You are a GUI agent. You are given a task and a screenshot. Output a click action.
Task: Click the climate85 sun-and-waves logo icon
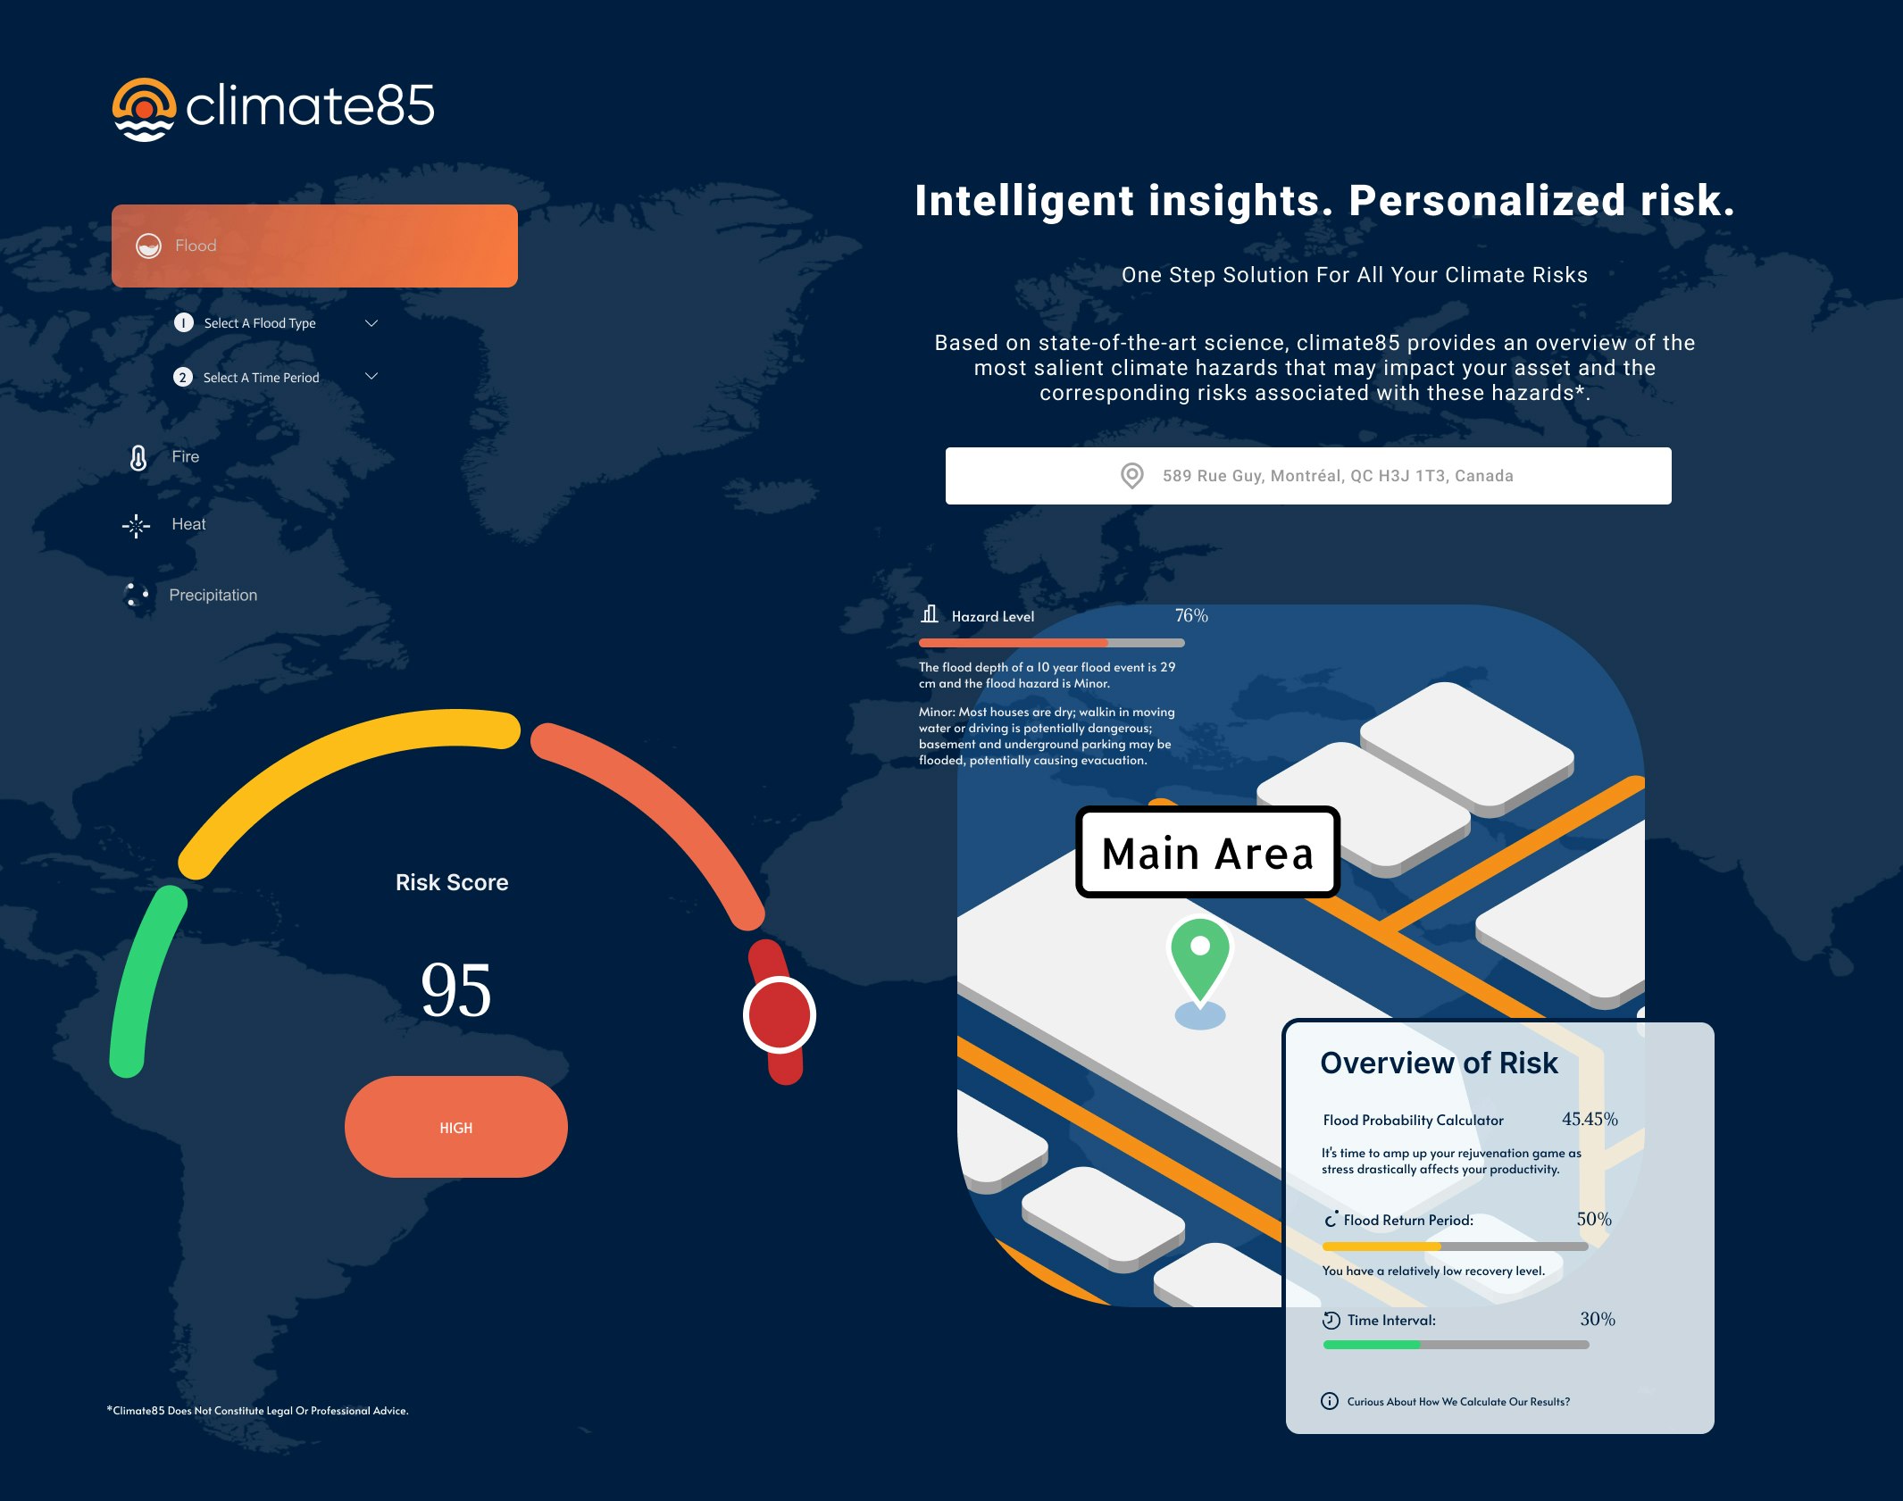tap(144, 110)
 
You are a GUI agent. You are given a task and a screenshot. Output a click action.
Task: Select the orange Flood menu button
tap(314, 246)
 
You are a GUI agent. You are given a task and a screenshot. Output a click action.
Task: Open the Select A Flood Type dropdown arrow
tap(371, 323)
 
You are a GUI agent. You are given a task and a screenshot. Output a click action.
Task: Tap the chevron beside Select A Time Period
tap(371, 377)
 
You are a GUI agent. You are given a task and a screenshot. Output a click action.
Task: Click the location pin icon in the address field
tap(1131, 476)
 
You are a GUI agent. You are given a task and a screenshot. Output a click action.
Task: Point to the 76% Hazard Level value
tap(1191, 616)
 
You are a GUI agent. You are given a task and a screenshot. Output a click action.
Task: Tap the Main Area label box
tap(1207, 852)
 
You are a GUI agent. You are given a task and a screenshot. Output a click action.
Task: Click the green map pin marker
tap(1200, 961)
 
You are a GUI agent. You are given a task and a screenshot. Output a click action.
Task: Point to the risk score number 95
tap(456, 990)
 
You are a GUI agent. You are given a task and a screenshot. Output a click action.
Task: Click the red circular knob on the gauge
tap(780, 1015)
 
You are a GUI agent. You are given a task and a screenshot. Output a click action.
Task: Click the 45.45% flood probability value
tap(1590, 1120)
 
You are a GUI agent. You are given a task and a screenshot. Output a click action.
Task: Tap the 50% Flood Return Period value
tap(1594, 1220)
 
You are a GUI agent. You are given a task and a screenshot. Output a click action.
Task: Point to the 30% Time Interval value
tap(1598, 1320)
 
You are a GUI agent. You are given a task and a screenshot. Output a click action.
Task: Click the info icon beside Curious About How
tap(1330, 1401)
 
